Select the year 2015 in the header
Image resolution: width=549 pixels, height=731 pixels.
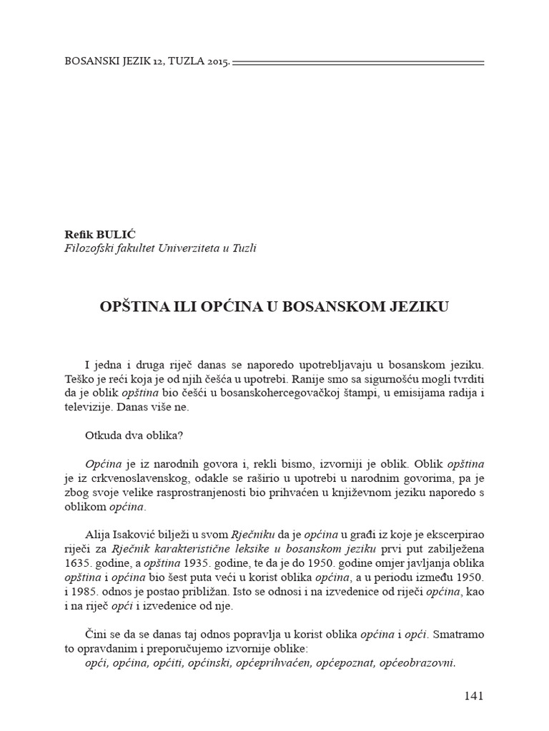[216, 62]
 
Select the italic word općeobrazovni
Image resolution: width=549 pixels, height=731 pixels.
[418, 663]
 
